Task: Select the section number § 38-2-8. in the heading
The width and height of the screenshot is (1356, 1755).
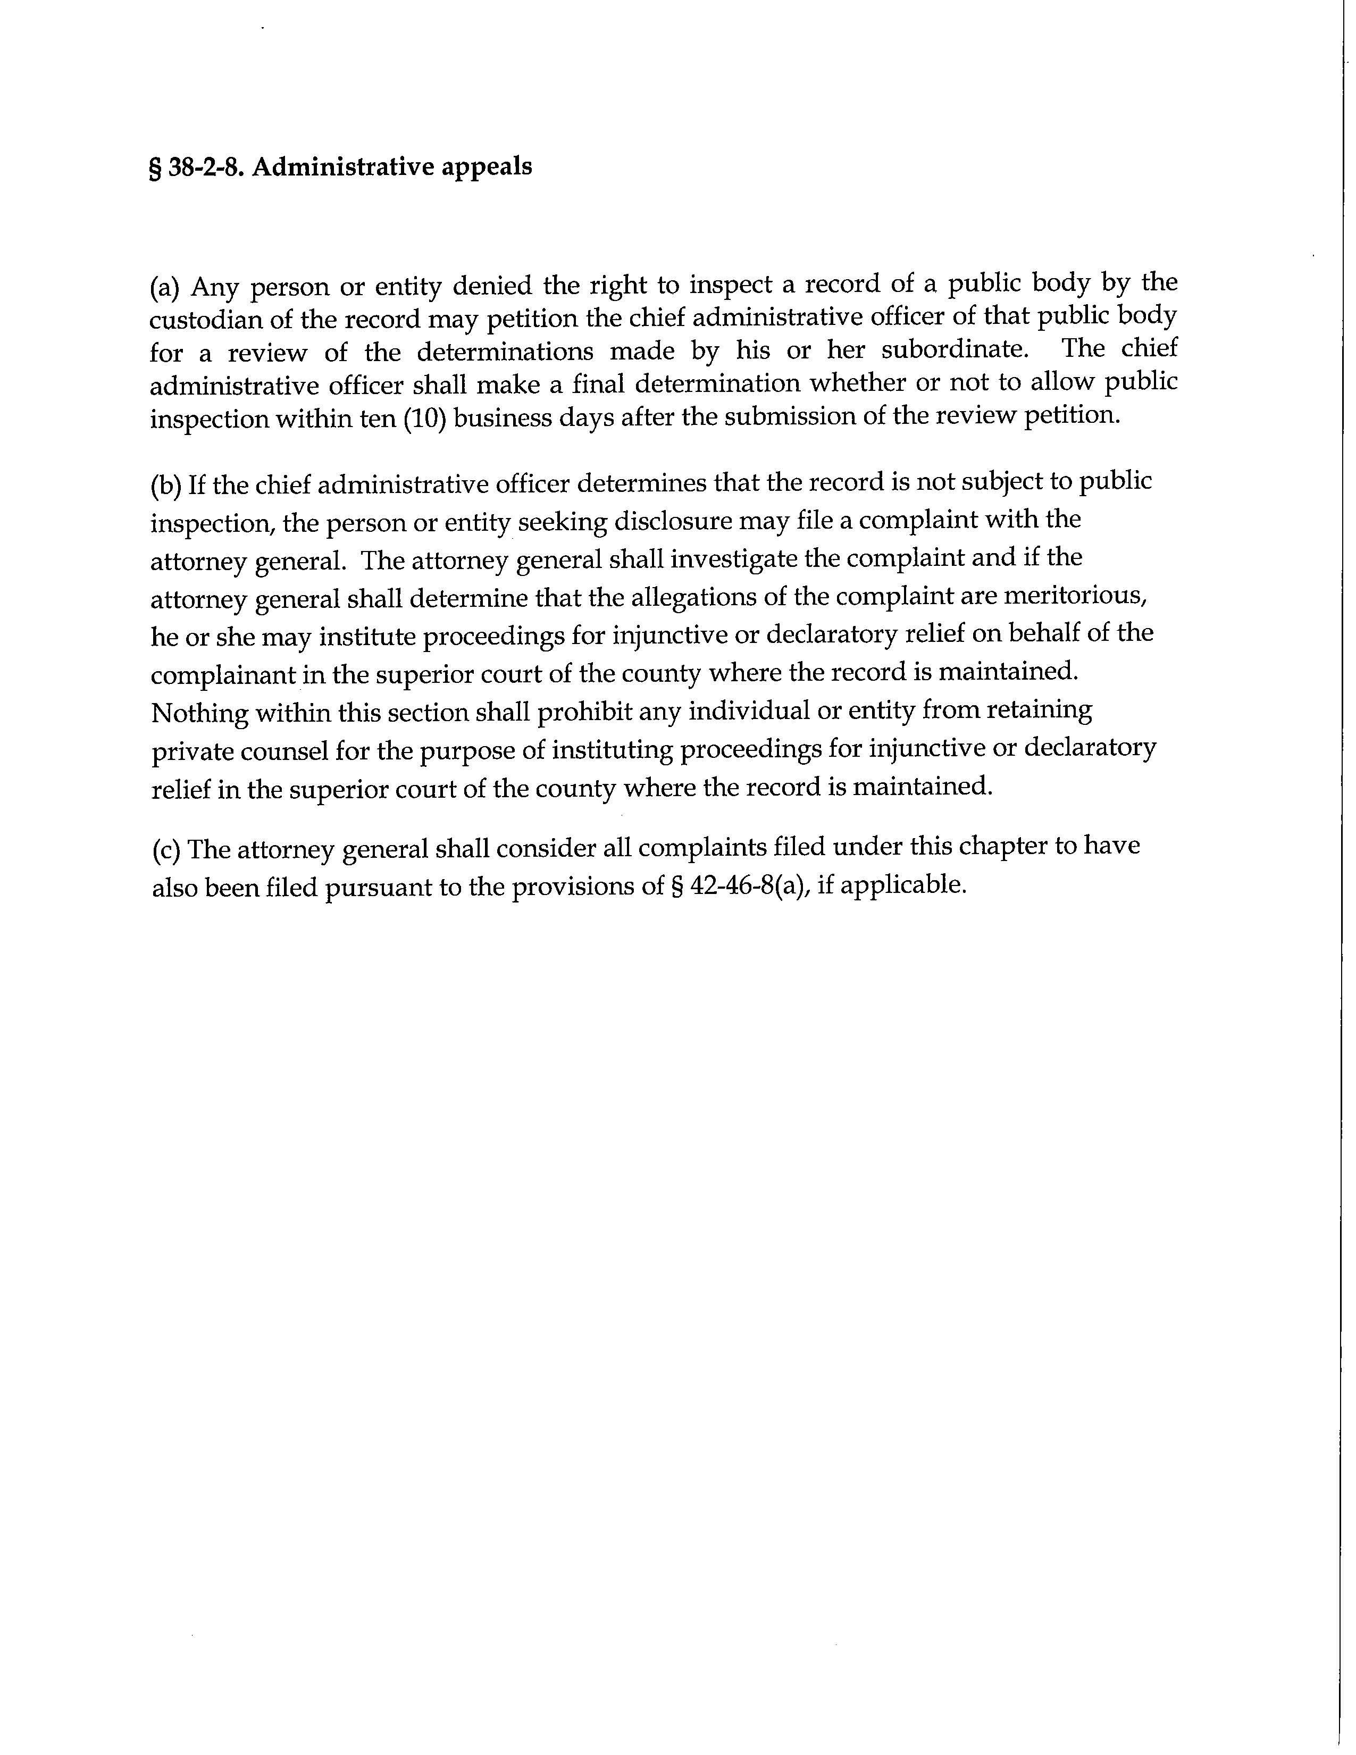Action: pos(196,167)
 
